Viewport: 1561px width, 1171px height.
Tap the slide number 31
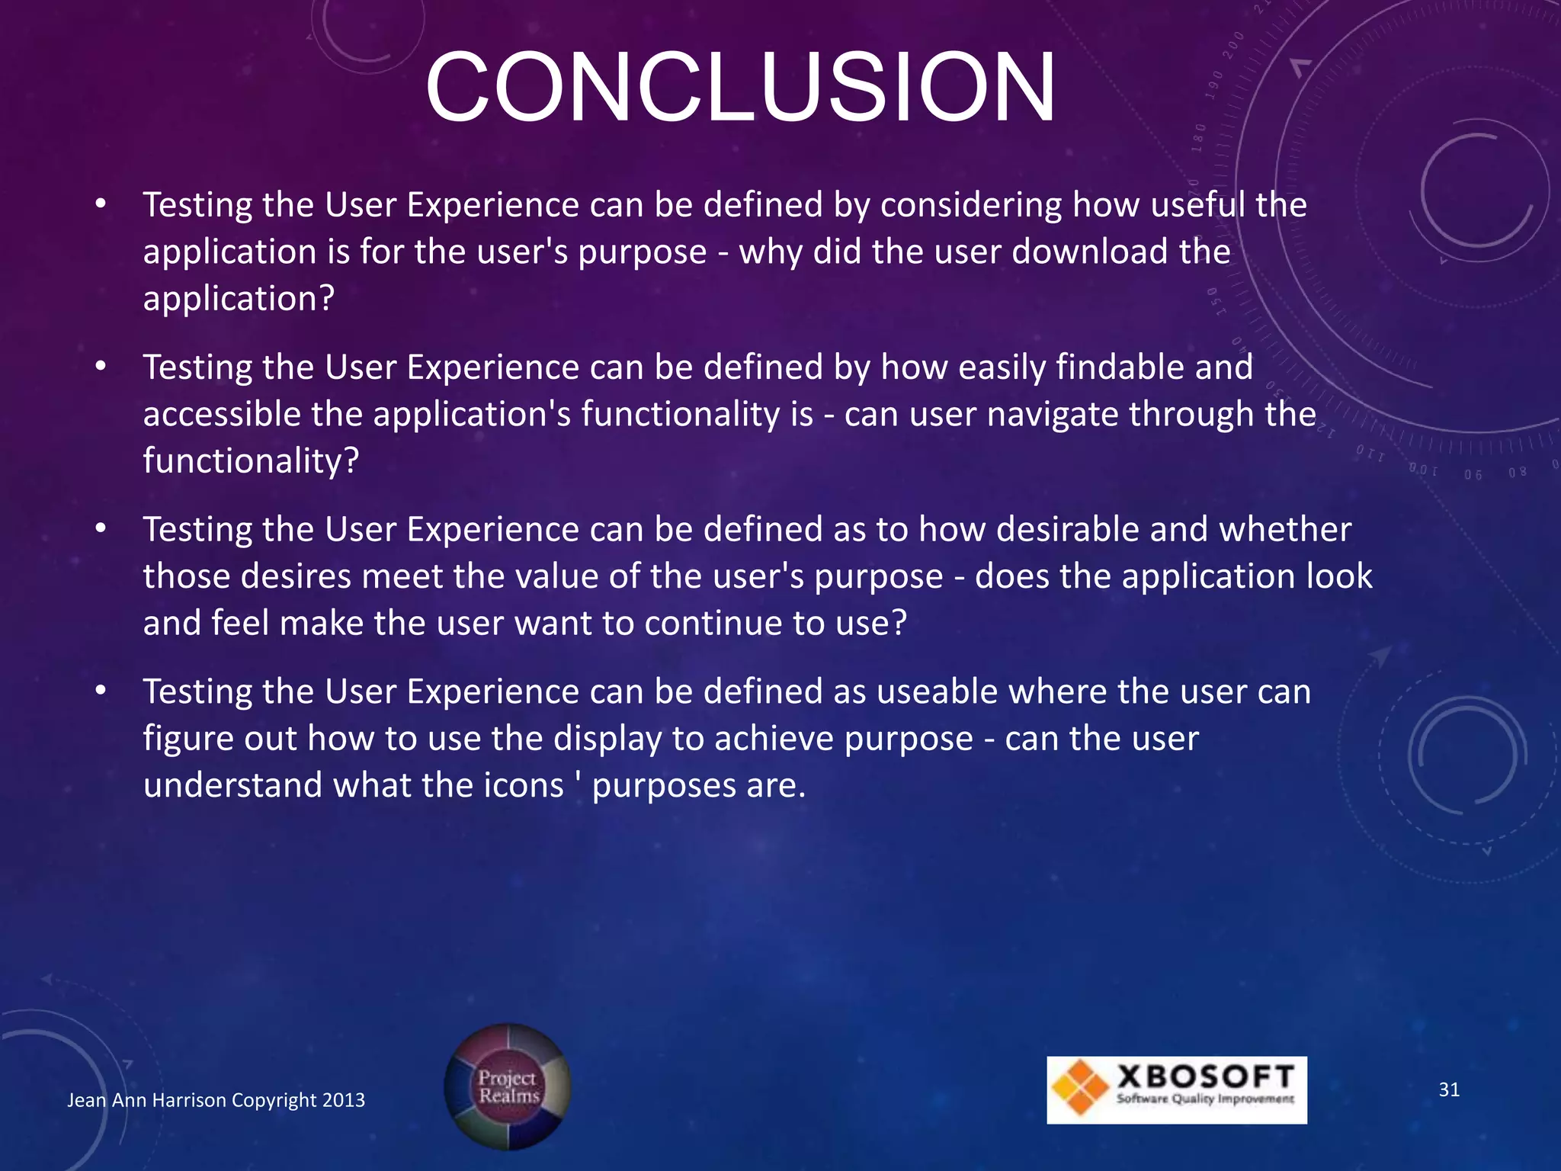coord(1449,1089)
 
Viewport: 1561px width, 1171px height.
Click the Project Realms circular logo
coord(508,1086)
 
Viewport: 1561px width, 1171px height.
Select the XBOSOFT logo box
coord(1176,1089)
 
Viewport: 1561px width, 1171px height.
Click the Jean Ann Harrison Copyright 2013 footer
coord(216,1100)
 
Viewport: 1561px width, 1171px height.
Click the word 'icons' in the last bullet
coord(524,785)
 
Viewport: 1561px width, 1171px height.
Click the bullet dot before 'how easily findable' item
coord(101,367)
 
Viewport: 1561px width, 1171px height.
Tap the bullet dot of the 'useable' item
coord(101,691)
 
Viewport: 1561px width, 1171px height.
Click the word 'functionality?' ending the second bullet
coord(251,461)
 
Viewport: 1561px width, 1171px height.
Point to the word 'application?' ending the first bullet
coord(239,299)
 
